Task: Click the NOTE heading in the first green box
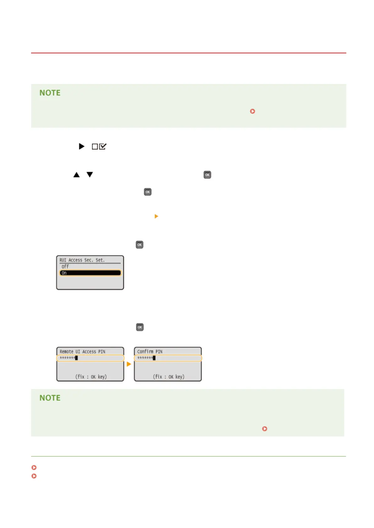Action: point(50,93)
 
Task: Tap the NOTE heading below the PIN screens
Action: point(50,398)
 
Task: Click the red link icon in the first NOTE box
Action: point(252,111)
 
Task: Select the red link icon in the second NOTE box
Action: point(265,429)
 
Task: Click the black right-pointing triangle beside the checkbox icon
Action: point(82,146)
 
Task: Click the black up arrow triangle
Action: point(76,175)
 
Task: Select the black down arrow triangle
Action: point(90,174)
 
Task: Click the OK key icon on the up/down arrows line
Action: point(207,175)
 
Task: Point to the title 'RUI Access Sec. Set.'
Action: point(82,260)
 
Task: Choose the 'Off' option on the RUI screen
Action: point(65,267)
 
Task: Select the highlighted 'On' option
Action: point(90,273)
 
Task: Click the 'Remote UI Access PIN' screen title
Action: point(82,351)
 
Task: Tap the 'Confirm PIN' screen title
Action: point(150,351)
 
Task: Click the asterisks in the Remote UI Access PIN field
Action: point(67,358)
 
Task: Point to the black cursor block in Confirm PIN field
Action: point(154,358)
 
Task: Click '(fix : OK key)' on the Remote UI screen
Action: point(91,377)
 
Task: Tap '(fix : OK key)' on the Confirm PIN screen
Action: point(169,377)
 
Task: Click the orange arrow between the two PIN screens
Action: point(129,364)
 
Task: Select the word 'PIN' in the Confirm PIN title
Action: point(159,351)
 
